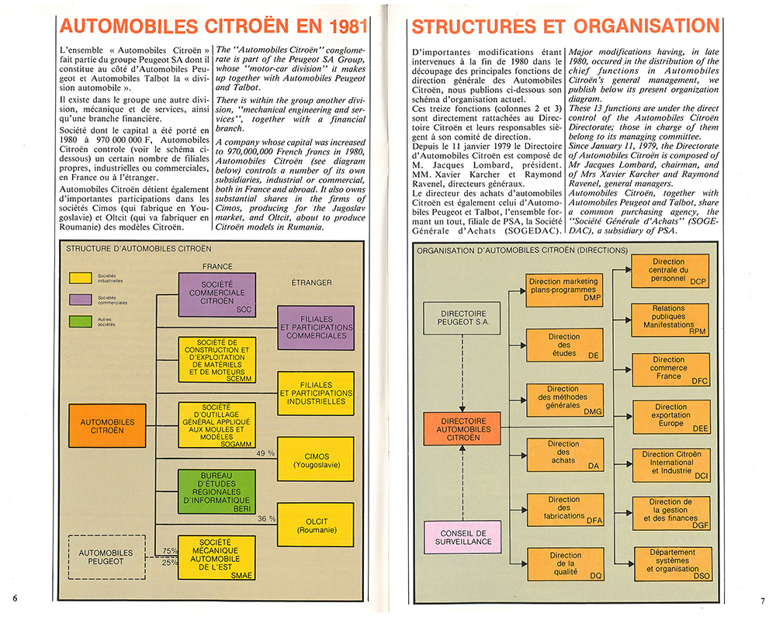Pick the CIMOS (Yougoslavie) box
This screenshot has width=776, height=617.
click(316, 459)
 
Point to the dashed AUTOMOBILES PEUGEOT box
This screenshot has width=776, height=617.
click(107, 558)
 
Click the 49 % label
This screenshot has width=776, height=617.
click(265, 453)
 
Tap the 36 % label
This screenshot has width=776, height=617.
click(266, 518)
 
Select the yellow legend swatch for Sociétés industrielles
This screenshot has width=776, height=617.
click(81, 277)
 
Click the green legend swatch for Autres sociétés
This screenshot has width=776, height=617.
click(81, 321)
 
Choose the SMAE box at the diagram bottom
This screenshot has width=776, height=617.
click(217, 557)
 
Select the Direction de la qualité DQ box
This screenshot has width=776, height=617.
click(565, 564)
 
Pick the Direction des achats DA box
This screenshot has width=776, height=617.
click(564, 454)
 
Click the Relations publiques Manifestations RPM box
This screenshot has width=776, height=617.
click(670, 320)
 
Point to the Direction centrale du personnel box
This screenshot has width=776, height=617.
click(670, 270)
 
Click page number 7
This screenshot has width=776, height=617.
click(762, 600)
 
